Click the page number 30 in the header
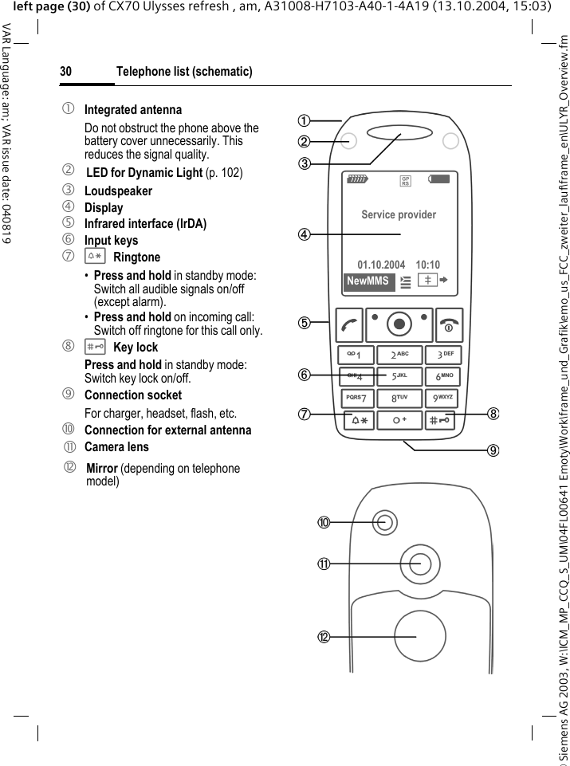click(x=65, y=72)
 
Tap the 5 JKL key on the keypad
click(x=399, y=376)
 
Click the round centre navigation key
click(x=399, y=323)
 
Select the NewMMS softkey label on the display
click(x=368, y=281)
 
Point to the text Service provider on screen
click(x=399, y=214)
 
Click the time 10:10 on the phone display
click(x=427, y=265)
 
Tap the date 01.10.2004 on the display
click(x=381, y=265)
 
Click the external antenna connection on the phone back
click(x=386, y=522)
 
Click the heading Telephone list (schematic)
click(x=184, y=72)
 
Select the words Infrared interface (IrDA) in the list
click(x=145, y=224)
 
